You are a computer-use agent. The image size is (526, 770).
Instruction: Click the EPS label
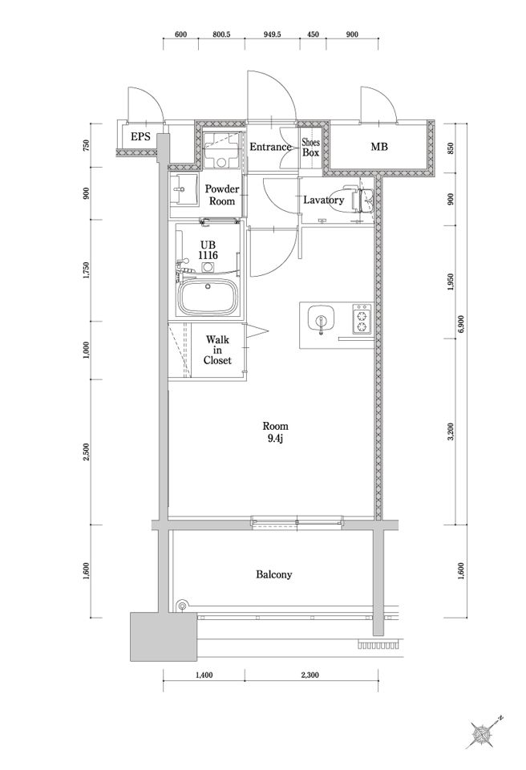[x=141, y=137]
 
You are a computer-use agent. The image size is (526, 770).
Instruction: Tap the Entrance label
[x=270, y=147]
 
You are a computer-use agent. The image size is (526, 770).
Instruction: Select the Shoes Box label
[x=311, y=147]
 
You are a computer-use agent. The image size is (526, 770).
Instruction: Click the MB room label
[x=379, y=147]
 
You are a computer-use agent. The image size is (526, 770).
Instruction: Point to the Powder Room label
[x=221, y=195]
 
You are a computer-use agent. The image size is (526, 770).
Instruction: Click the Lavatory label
[x=324, y=200]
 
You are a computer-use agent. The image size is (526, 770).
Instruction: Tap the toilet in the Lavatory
[x=362, y=200]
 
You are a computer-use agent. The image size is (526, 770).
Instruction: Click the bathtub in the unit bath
[x=207, y=298]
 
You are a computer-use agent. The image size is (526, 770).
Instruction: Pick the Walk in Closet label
[x=217, y=351]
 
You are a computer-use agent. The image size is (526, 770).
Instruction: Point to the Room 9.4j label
[x=276, y=432]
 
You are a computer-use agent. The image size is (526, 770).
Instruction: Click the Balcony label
[x=273, y=574]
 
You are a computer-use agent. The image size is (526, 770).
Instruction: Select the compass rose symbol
[x=484, y=736]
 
